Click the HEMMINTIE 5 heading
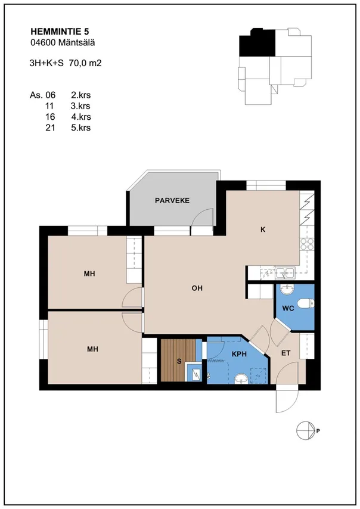(x=60, y=32)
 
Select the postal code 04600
(x=42, y=42)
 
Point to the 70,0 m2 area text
(x=85, y=63)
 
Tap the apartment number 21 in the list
(x=50, y=128)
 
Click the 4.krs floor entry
(x=81, y=117)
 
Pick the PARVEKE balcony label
(x=172, y=201)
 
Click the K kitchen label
(x=263, y=230)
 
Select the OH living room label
(x=197, y=288)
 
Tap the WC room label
(x=288, y=308)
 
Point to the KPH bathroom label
(x=239, y=354)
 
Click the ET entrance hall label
(x=285, y=353)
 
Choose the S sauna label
(x=179, y=361)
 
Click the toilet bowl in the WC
(x=306, y=303)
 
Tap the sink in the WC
(x=287, y=290)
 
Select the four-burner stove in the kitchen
(x=307, y=244)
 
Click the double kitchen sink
(x=285, y=272)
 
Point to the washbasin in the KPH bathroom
(x=241, y=378)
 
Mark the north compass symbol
(x=306, y=431)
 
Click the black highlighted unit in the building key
(x=257, y=42)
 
